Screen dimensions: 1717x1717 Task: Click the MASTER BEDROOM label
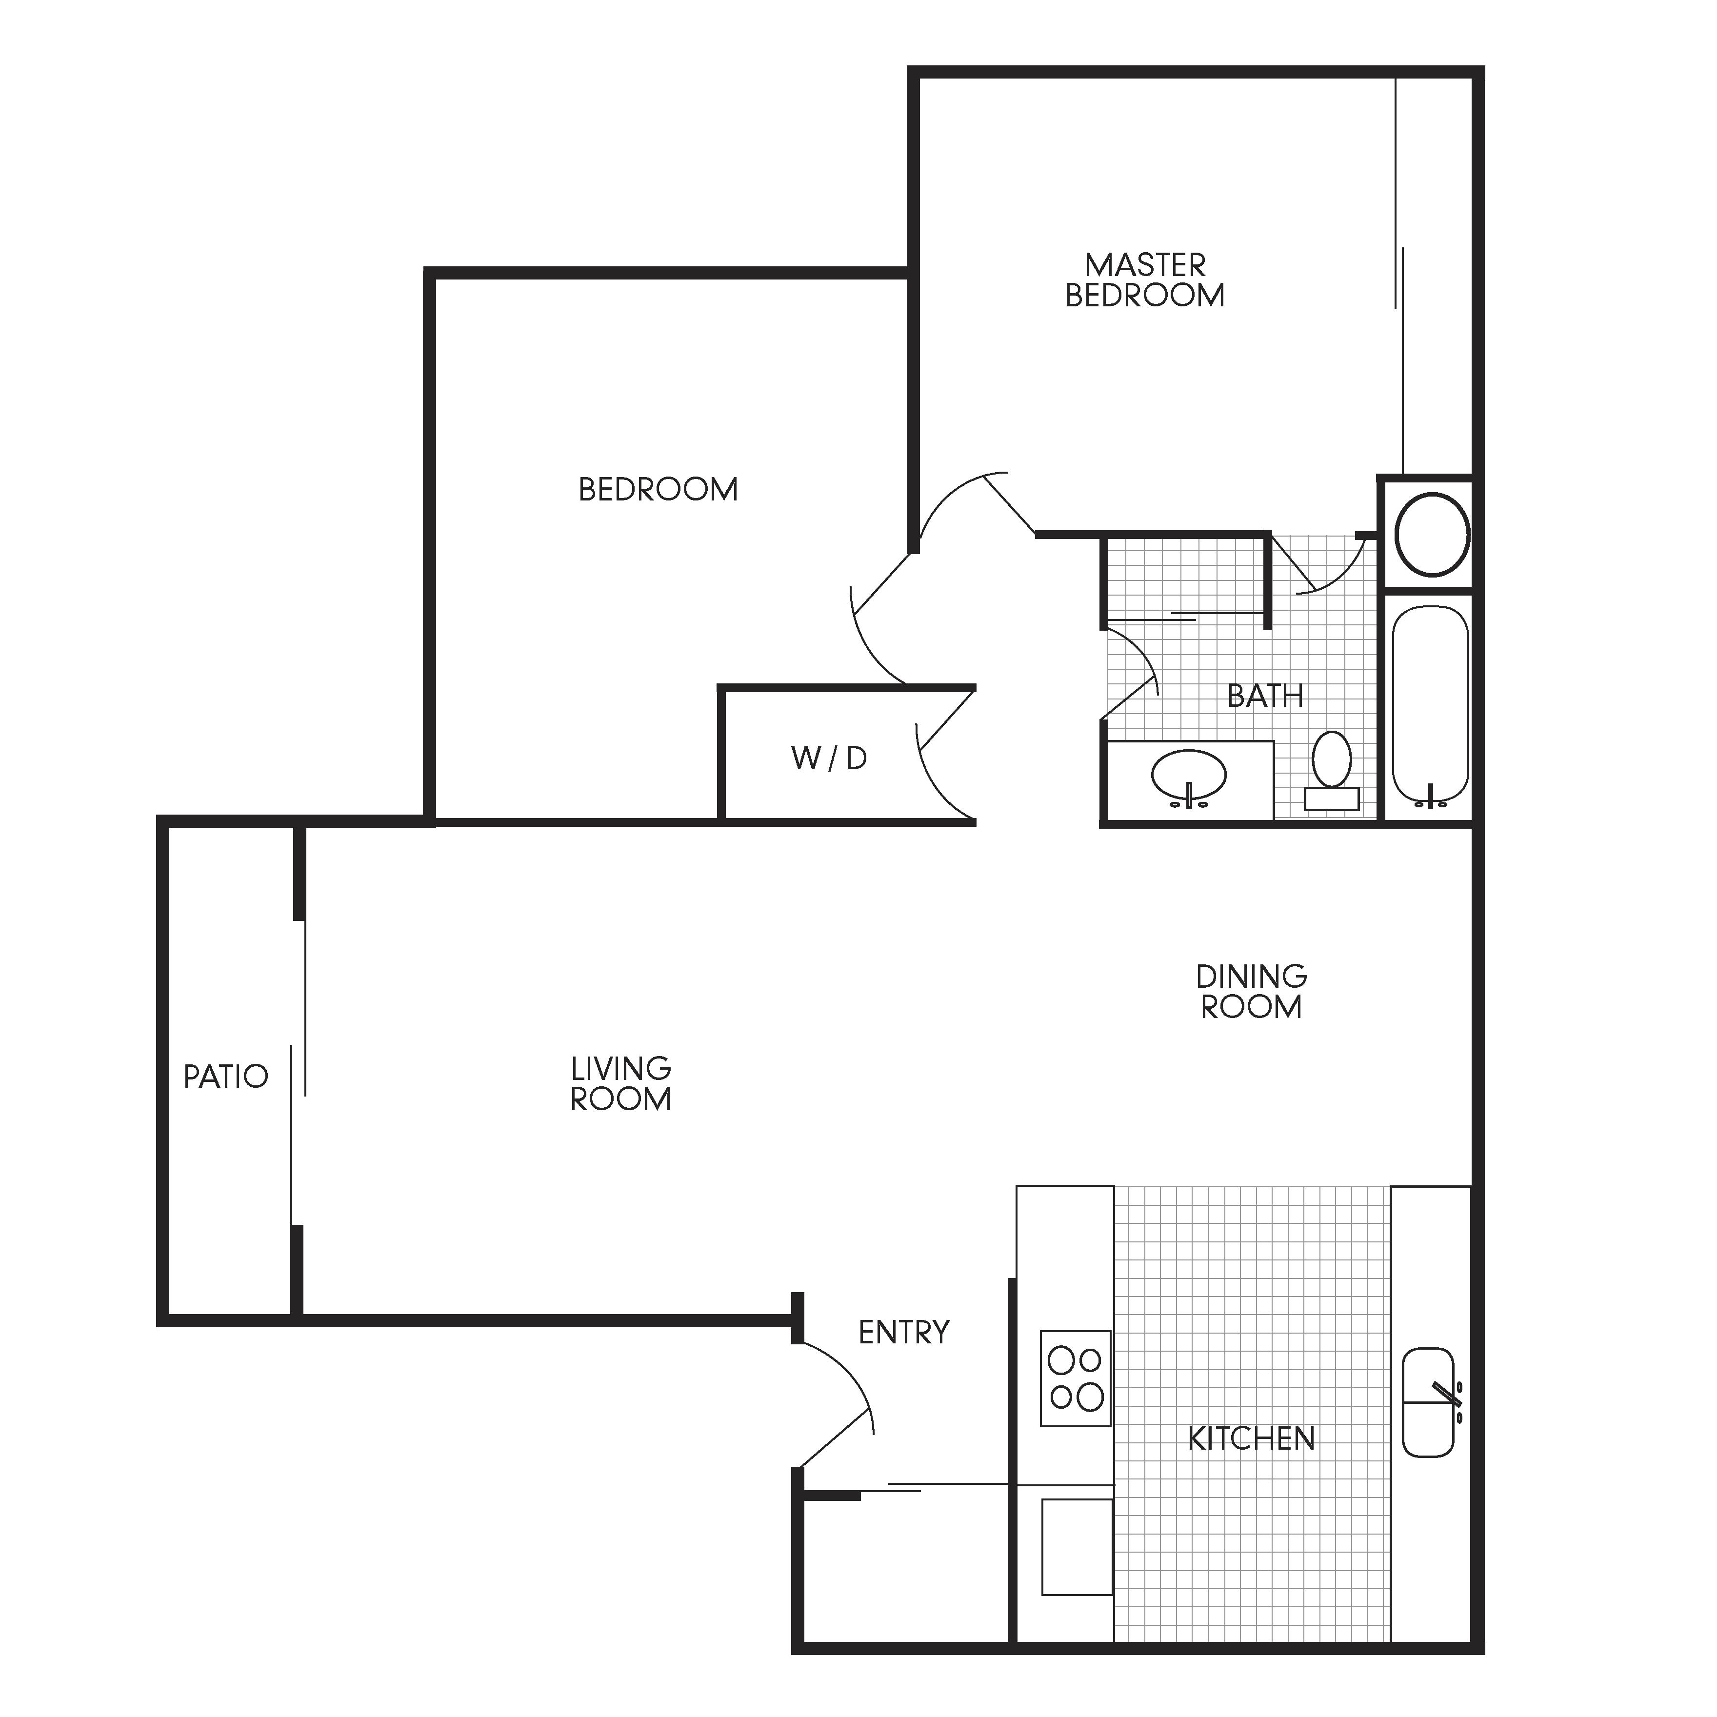1145,280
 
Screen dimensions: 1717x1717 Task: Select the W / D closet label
828,758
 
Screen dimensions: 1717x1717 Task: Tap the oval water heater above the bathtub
1432,534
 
